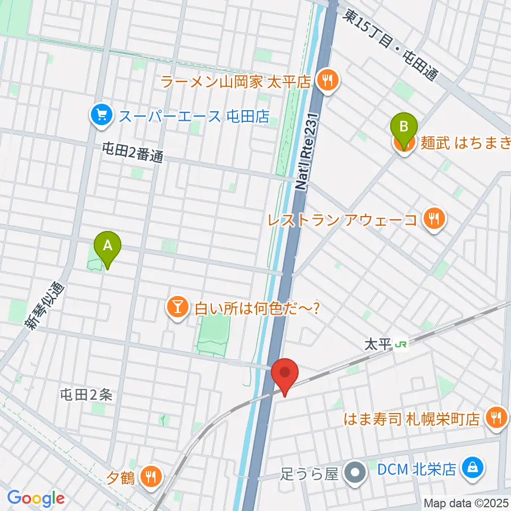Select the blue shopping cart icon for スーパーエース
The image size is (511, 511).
[x=101, y=115]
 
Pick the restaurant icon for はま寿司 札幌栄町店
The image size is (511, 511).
[x=497, y=417]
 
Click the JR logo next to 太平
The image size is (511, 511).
[x=401, y=345]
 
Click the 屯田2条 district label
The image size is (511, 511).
[x=86, y=394]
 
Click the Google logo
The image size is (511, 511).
[x=36, y=498]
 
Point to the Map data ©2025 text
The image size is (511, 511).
[x=466, y=502]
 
